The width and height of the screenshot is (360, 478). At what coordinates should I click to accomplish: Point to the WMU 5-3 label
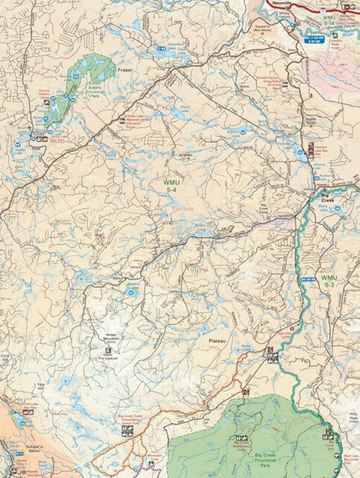click(x=328, y=281)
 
